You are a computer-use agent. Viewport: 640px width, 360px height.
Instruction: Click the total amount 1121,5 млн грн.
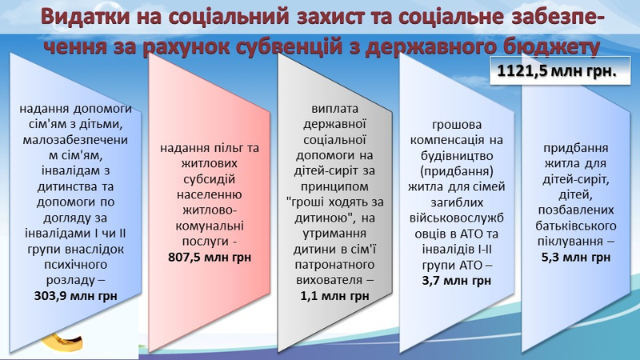point(557,71)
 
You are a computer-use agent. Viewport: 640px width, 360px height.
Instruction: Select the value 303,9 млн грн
point(75,295)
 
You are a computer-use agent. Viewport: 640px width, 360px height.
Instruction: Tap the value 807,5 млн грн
point(210,257)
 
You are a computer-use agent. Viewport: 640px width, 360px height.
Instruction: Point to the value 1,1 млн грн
point(334,295)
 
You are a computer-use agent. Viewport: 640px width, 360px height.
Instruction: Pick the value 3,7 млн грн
point(457,281)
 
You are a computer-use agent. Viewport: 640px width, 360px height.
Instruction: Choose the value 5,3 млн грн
point(576,257)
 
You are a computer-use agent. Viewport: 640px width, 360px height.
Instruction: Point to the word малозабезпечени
point(75,139)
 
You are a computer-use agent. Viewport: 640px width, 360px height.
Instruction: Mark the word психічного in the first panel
point(75,265)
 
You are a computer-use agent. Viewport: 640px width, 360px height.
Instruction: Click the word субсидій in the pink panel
point(210,178)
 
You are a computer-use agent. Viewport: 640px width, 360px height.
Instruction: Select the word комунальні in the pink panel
point(210,226)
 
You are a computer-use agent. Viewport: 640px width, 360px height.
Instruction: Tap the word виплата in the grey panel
point(334,109)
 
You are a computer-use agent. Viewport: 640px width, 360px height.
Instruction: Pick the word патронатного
point(334,265)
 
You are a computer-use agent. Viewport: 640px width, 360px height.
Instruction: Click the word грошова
point(457,124)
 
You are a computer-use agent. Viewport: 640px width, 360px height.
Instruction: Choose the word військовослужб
point(457,218)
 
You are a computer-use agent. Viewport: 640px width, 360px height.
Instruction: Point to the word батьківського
point(576,226)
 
